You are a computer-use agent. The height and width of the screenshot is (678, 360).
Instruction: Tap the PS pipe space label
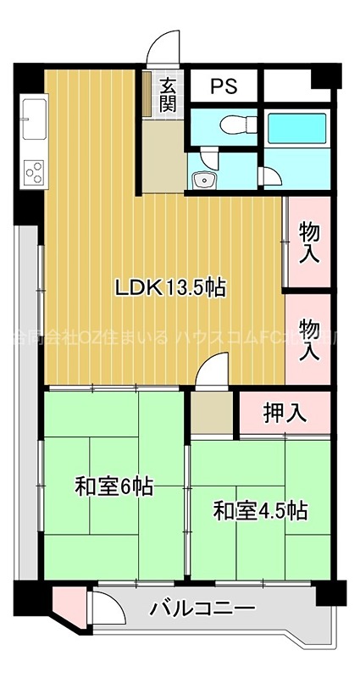click(x=224, y=86)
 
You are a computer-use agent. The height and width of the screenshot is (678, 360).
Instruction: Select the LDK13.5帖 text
click(x=169, y=288)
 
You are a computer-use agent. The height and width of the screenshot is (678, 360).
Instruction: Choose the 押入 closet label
click(x=284, y=414)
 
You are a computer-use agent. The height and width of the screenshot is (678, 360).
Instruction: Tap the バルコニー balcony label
click(x=202, y=609)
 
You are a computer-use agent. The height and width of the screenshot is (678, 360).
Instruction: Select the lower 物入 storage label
click(x=309, y=338)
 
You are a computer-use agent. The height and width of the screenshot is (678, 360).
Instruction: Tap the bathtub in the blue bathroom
click(x=296, y=129)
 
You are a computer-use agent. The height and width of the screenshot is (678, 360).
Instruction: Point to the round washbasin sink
click(x=202, y=179)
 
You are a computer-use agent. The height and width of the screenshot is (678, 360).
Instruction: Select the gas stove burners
click(x=34, y=172)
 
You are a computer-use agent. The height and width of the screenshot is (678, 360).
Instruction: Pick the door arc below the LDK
click(x=212, y=370)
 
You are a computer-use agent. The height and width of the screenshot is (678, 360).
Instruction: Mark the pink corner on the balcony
click(x=64, y=603)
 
